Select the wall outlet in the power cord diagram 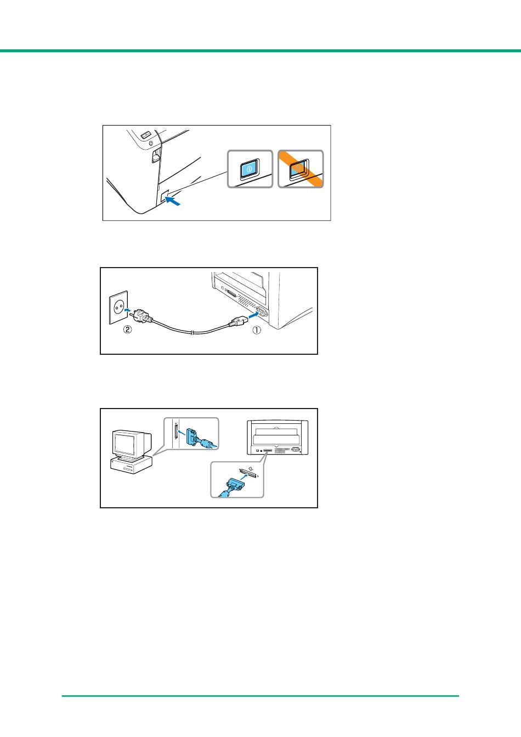pos(118,307)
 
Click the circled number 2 pos(127,329)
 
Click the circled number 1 pos(256,330)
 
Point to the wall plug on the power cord pos(140,316)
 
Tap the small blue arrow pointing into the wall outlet pos(128,310)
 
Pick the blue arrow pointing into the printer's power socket pos(253,315)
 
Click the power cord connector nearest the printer pos(237,321)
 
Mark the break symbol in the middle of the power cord pos(191,333)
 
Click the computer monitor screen pos(124,444)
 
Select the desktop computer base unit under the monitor pos(131,465)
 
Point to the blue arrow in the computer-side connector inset pos(182,433)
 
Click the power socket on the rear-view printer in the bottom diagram pos(295,450)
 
